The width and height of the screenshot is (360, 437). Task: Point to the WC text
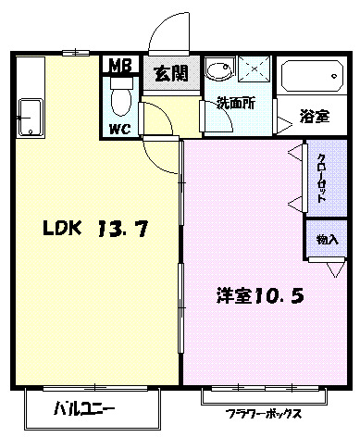[119, 128]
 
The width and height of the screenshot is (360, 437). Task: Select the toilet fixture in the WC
[119, 95]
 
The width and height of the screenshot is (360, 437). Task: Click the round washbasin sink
[219, 72]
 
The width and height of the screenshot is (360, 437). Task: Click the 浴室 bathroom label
[314, 117]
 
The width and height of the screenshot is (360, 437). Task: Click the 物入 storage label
[327, 239]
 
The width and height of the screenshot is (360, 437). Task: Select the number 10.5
[279, 297]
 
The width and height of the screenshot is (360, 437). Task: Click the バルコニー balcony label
[83, 407]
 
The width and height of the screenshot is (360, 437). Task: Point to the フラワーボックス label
[263, 413]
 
